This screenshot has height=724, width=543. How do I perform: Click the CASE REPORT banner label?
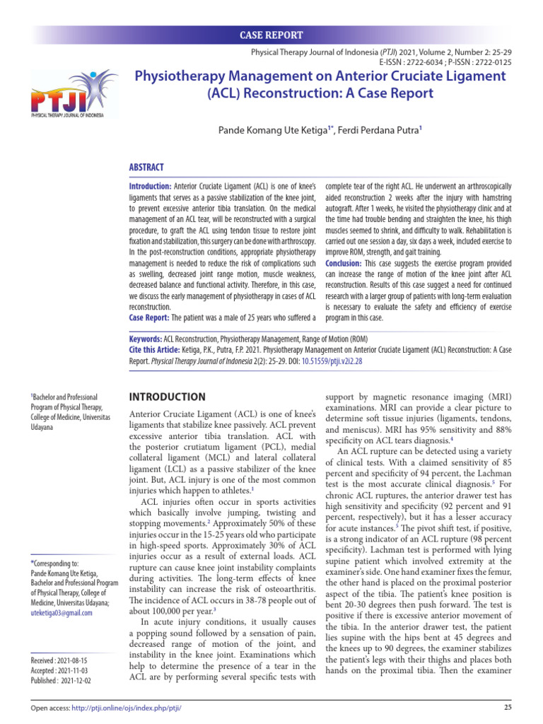click(271, 35)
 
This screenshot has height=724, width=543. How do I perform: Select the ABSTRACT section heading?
click(146, 168)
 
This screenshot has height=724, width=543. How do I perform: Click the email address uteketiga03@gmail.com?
click(62, 613)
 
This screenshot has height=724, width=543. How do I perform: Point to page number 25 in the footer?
click(506, 708)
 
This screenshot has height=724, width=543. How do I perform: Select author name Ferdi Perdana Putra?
click(379, 130)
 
